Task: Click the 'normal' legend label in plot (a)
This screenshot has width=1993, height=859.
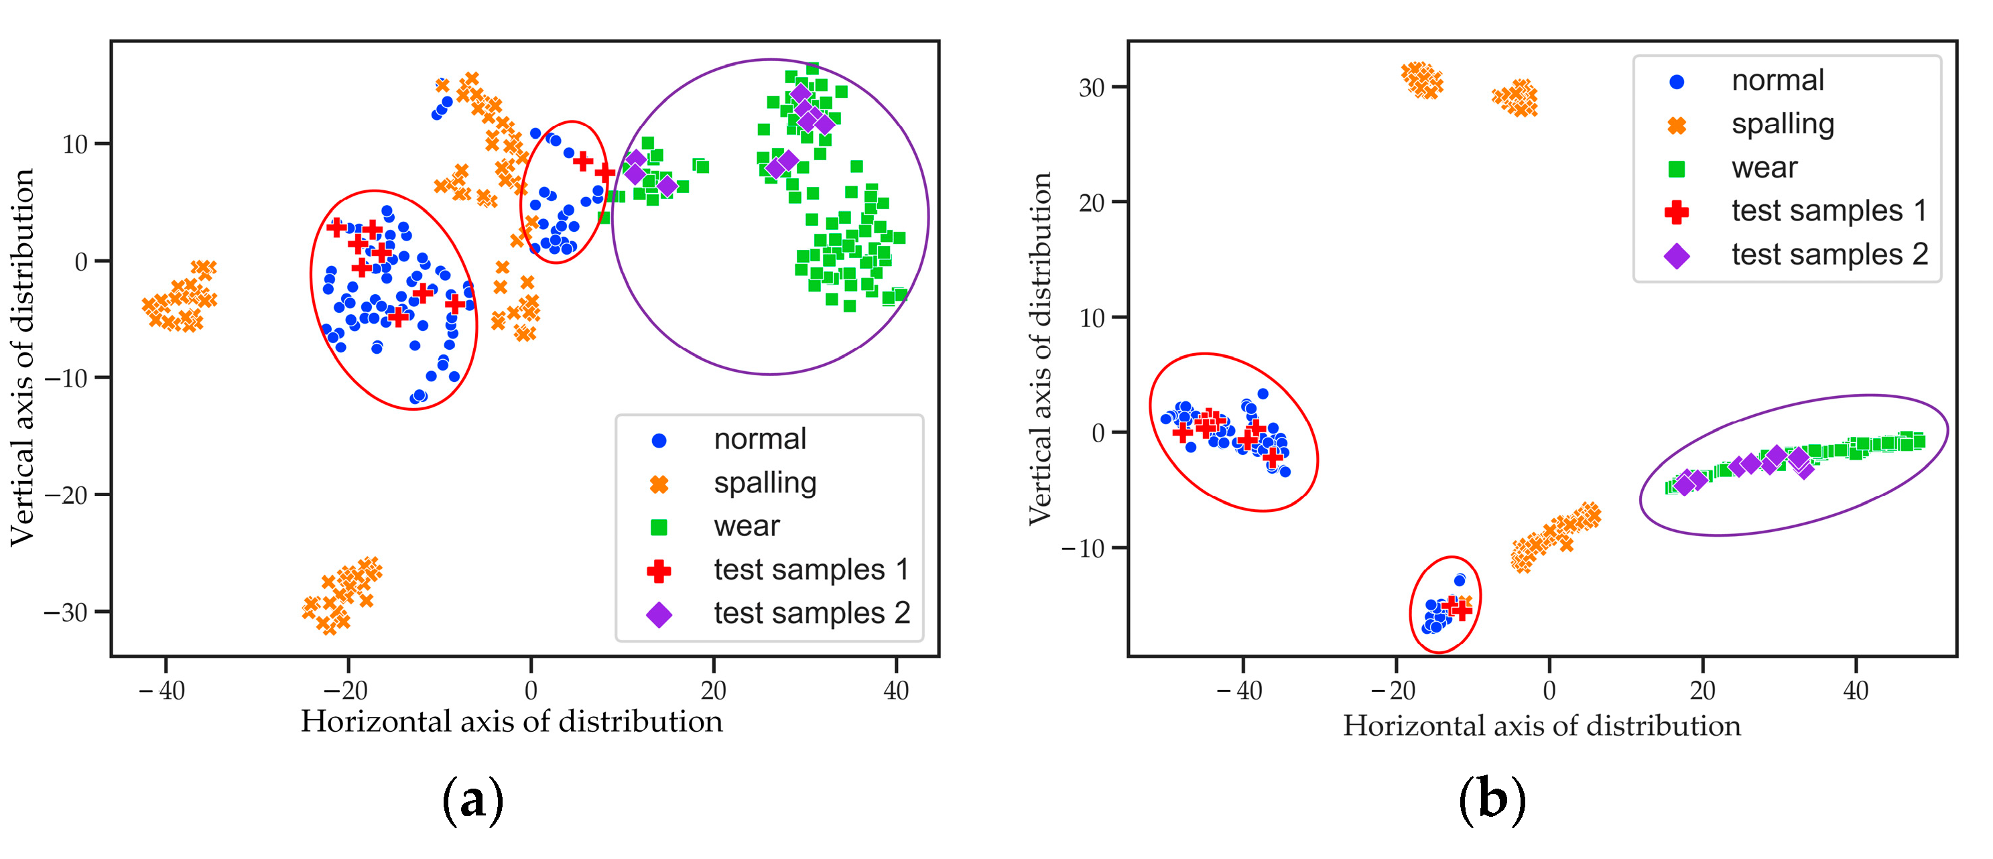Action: coord(759,440)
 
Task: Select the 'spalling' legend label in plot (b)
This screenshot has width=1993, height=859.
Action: coord(1782,125)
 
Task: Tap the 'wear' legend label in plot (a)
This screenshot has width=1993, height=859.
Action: coord(746,526)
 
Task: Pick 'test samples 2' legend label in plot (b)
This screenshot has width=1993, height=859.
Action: coord(1829,255)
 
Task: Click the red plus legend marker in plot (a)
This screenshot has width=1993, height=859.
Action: coord(658,571)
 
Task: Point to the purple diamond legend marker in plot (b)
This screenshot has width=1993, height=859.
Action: coord(1677,255)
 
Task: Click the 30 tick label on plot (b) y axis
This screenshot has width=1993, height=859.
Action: coord(1091,88)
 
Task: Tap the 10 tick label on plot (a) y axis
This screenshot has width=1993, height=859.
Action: coord(75,144)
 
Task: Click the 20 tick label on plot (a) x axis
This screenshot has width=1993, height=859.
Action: coord(712,690)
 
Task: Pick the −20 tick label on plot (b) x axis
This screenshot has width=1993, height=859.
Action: coord(1393,690)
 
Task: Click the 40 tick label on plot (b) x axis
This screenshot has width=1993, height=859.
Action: coord(1855,690)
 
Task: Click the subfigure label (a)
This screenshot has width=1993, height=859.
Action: coord(472,800)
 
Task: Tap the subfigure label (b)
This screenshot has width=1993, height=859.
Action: coord(1492,800)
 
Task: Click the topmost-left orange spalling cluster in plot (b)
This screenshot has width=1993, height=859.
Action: coord(1422,80)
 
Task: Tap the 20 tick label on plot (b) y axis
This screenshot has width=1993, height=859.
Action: coord(1091,203)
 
